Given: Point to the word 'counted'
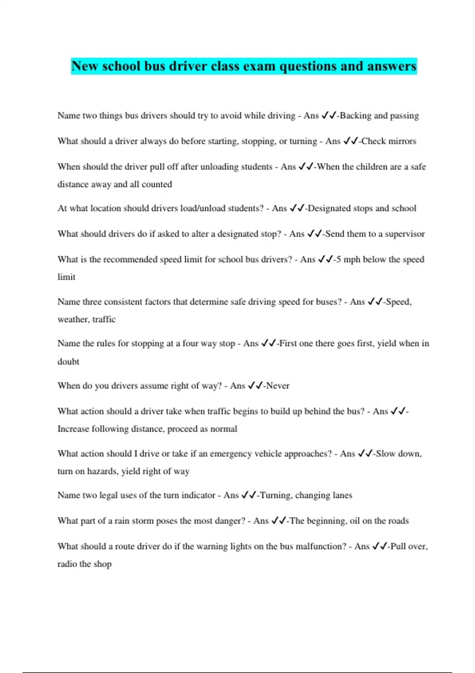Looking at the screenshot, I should click(157, 184).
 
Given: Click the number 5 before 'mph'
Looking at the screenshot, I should click(339, 259).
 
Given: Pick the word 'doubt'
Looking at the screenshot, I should click(68, 361).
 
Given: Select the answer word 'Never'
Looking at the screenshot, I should click(278, 386).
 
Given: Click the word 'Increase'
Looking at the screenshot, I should click(73, 429).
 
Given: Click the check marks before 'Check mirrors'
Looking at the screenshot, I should click(351, 141).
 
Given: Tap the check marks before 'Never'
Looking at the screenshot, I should click(255, 386).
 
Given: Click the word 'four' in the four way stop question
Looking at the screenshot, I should click(190, 343).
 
